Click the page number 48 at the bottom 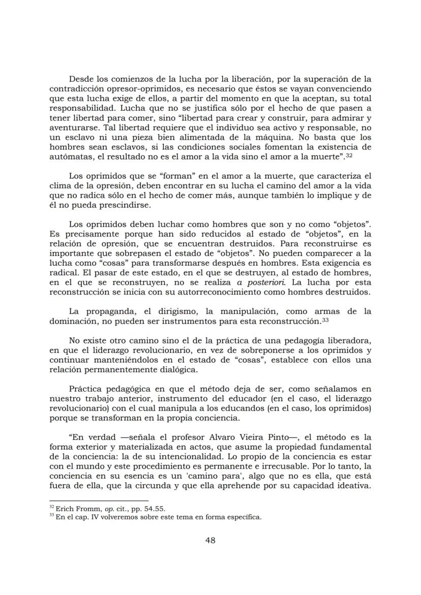[x=210, y=540]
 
